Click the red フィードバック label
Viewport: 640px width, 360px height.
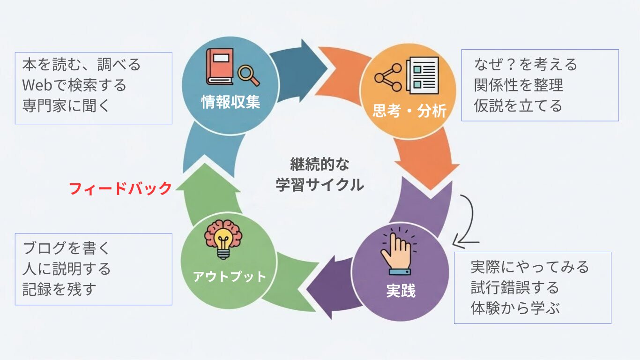[x=120, y=188]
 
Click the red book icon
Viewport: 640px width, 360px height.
[x=220, y=67]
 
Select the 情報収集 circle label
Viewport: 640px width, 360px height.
[x=231, y=102]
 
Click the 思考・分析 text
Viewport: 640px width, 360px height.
[x=409, y=111]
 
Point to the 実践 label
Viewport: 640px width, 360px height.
[x=401, y=291]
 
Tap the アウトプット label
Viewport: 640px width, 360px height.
[x=229, y=276]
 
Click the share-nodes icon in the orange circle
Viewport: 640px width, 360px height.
[x=388, y=77]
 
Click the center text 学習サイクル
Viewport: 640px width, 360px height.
[x=320, y=185]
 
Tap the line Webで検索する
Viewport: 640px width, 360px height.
[x=74, y=85]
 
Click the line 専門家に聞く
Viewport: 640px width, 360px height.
[x=66, y=105]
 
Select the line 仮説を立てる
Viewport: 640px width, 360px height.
[x=518, y=105]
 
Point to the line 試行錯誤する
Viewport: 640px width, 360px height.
[x=514, y=287]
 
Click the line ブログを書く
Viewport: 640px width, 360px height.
[x=66, y=248]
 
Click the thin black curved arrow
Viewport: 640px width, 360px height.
[x=469, y=220]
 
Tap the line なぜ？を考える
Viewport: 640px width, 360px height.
[x=526, y=64]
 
